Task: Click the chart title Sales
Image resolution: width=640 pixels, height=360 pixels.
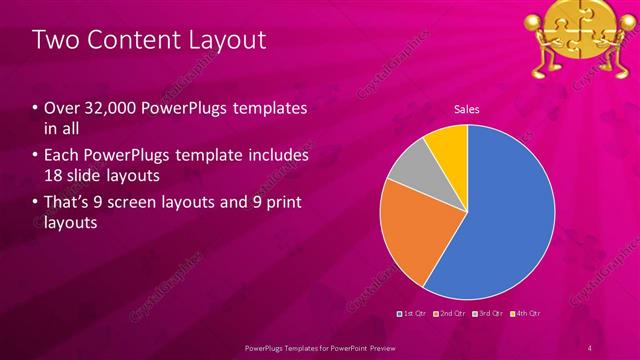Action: pyautogui.click(x=466, y=108)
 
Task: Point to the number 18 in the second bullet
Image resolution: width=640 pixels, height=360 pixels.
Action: pyautogui.click(x=54, y=176)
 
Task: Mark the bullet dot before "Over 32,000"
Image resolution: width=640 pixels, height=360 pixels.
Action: pyautogui.click(x=37, y=107)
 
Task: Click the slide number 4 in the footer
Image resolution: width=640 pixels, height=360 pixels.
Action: pyautogui.click(x=591, y=347)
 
